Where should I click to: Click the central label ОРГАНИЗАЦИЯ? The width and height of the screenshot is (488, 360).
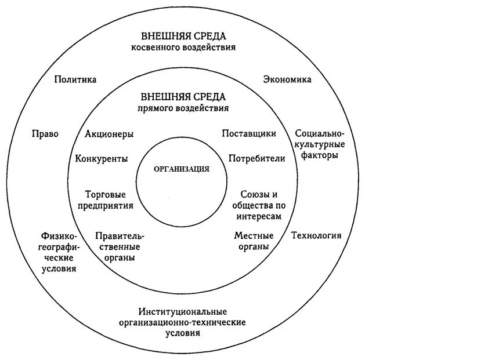[182, 169]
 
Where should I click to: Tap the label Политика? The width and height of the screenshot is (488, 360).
[75, 79]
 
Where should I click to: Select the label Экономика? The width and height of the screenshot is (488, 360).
[287, 79]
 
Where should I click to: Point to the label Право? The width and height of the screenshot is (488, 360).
[45, 133]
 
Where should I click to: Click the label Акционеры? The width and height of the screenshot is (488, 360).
[109, 134]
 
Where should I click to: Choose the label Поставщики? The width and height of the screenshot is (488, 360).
[249, 133]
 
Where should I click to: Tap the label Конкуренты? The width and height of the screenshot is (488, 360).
[102, 158]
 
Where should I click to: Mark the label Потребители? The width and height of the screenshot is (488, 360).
[257, 158]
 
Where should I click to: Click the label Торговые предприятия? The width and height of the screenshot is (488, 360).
[109, 199]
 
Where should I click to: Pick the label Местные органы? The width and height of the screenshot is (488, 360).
[254, 241]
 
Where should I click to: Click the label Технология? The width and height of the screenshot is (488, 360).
[316, 235]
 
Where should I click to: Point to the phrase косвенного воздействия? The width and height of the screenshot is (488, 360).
[183, 48]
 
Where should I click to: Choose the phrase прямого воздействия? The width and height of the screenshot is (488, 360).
[183, 108]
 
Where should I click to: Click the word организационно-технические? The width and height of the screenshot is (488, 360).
[183, 322]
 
